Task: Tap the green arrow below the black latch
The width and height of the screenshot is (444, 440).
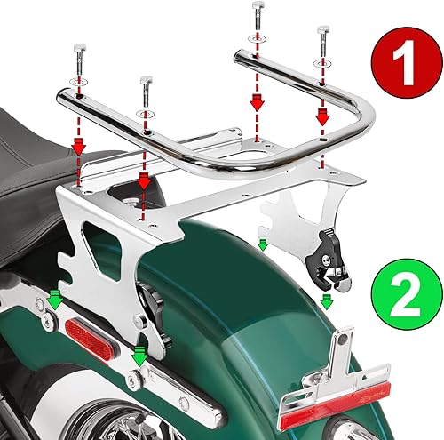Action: point(327,299)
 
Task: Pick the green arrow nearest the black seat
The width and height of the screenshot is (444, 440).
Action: point(53,301)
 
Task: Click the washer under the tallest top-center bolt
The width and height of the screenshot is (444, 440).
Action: point(256,39)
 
